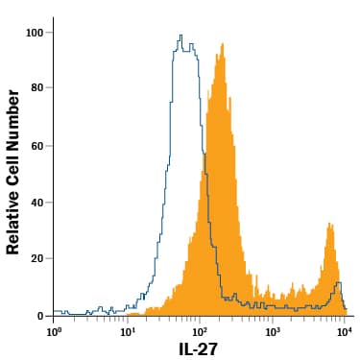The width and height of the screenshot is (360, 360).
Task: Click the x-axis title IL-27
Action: (x=200, y=349)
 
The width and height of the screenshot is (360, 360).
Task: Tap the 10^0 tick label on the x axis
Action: (x=55, y=331)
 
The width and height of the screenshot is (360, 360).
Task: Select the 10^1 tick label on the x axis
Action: (x=128, y=331)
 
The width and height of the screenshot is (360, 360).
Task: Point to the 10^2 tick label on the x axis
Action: (x=200, y=331)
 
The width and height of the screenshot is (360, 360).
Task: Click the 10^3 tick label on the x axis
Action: (x=273, y=331)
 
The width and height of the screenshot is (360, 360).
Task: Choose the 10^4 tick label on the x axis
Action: (x=345, y=331)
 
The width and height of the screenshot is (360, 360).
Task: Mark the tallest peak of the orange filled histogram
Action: (x=222, y=44)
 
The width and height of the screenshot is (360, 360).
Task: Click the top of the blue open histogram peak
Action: (x=180, y=36)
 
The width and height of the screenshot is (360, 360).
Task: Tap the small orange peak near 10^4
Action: (x=330, y=225)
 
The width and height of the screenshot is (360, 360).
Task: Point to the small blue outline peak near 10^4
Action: (x=338, y=284)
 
